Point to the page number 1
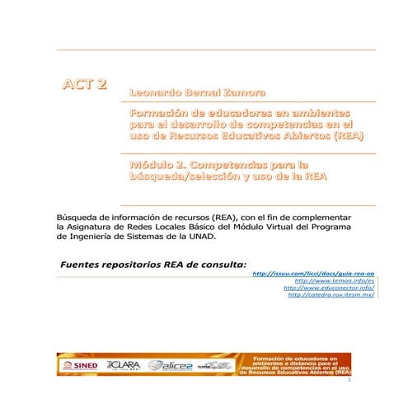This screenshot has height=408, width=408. (x=349, y=384)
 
